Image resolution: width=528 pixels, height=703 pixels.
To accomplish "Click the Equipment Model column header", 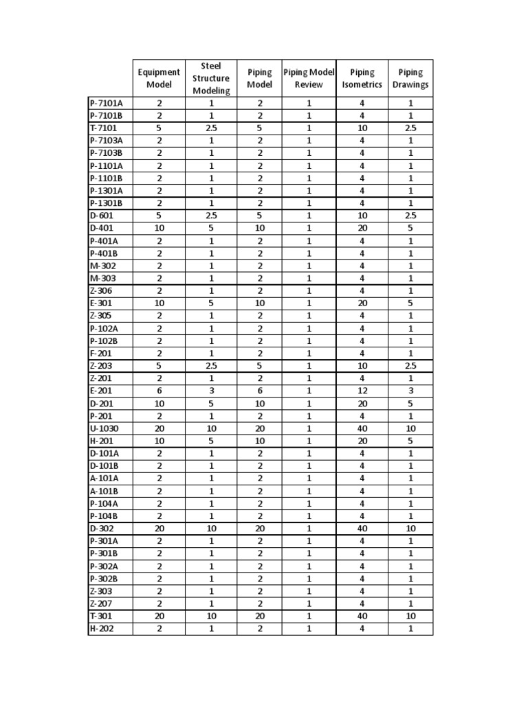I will click(159, 78).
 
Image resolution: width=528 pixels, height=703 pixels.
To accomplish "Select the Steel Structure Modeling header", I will click(211, 78).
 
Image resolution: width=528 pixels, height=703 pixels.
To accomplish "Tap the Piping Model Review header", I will click(309, 78).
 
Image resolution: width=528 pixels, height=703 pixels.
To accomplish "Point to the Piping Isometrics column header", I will click(362, 78).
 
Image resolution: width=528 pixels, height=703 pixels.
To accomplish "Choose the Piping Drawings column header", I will click(410, 78).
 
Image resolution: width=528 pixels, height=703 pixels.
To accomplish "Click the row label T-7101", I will click(104, 128).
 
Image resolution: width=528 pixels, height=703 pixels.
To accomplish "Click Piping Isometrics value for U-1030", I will click(362, 428).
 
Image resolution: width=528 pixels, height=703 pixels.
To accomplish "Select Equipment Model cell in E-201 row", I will click(159, 391).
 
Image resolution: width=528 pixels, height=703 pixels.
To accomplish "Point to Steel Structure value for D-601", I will click(211, 216).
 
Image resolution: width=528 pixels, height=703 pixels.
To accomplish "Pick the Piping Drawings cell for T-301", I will click(410, 616).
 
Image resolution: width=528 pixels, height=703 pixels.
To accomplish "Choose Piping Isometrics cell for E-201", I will click(362, 391).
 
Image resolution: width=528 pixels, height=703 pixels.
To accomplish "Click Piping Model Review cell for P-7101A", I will click(309, 103).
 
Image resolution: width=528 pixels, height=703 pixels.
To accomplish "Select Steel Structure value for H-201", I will click(211, 441).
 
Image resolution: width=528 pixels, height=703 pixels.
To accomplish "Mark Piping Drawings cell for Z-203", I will click(410, 366).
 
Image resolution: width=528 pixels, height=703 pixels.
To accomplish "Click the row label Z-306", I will click(102, 290).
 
